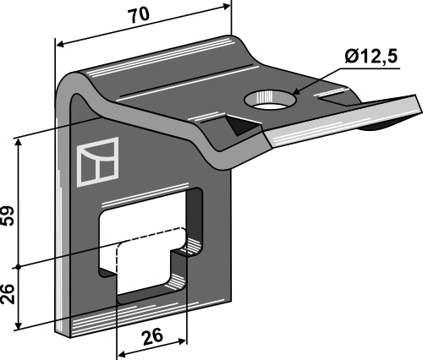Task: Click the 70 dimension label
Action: [x=139, y=15]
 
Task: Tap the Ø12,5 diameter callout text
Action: [x=371, y=56]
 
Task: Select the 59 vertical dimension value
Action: [x=8, y=215]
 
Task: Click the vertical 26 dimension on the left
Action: [x=8, y=294]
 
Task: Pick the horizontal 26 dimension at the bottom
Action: [x=153, y=336]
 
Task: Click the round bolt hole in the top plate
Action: [x=270, y=100]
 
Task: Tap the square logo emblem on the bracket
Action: [x=97, y=161]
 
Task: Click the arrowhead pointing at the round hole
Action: [x=296, y=92]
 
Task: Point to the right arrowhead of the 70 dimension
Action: [x=227, y=6]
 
